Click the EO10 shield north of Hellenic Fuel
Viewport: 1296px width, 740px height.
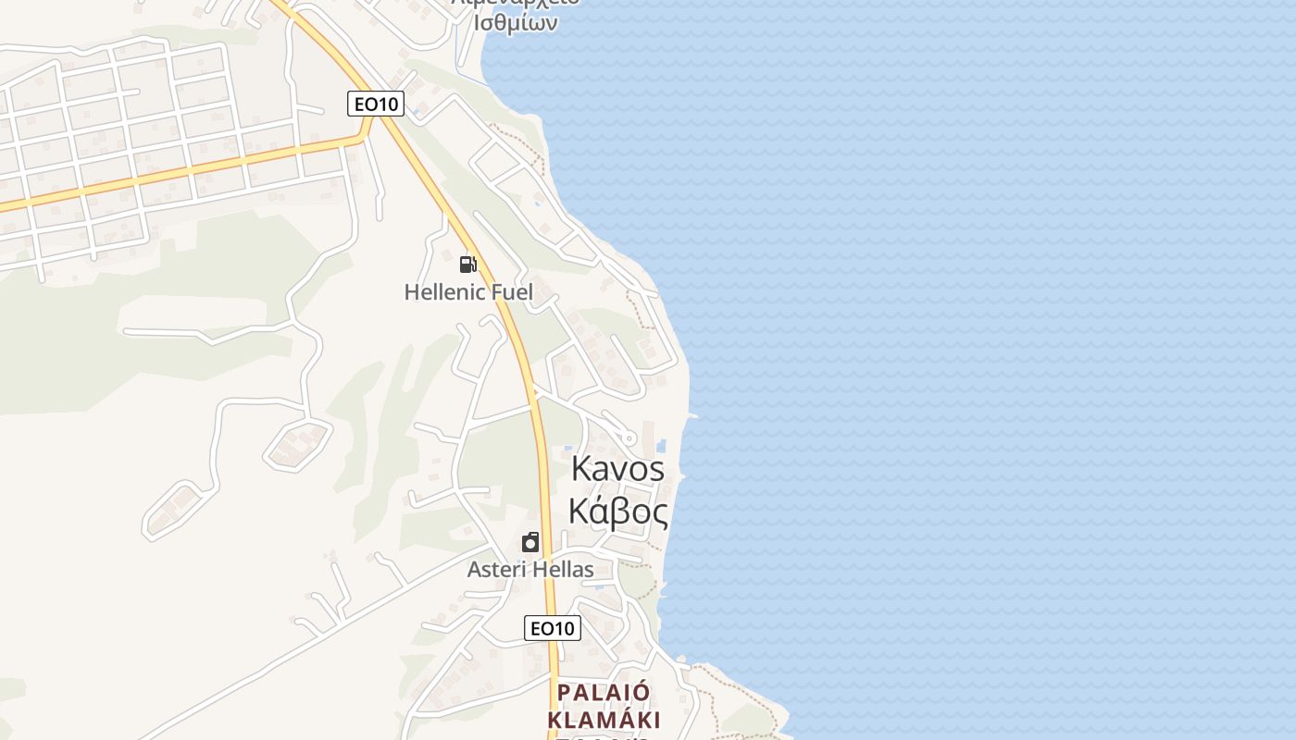coord(376,104)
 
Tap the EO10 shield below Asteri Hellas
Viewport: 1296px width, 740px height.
coord(553,628)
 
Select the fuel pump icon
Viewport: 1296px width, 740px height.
coord(468,265)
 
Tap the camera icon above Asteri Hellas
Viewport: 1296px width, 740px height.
coord(530,542)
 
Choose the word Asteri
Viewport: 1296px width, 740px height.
coord(497,569)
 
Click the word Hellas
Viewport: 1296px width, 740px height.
coord(563,569)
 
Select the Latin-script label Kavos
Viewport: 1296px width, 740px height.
coord(617,469)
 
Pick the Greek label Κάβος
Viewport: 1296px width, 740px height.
coord(617,510)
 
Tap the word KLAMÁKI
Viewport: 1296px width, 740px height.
coord(604,720)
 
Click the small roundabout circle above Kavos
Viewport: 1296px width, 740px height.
coord(629,438)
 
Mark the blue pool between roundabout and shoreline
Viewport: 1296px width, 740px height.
coord(661,446)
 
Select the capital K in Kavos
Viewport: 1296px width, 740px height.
coord(581,469)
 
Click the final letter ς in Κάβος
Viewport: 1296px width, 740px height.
coord(659,512)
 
